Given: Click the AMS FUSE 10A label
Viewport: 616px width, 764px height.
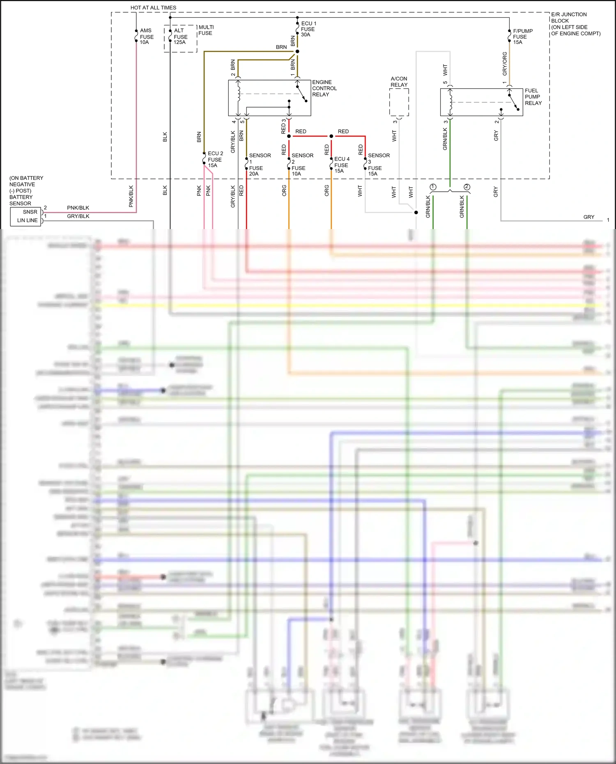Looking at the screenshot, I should click(146, 37).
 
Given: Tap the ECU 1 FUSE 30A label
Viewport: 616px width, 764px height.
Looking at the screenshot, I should click(308, 29).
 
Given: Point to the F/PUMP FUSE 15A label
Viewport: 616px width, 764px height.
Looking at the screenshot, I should click(522, 37).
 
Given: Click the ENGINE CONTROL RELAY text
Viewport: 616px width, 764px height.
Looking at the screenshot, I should click(324, 88).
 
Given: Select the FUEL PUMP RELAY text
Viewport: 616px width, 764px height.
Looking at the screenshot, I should click(533, 97).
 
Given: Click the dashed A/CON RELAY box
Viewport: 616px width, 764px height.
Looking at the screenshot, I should click(399, 102).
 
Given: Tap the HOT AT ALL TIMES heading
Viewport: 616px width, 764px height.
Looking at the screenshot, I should click(153, 8).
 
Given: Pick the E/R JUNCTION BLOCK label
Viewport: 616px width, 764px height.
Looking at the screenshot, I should click(569, 18).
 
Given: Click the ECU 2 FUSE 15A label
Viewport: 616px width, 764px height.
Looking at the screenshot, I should click(215, 159).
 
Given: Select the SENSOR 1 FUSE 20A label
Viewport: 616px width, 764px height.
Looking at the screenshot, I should click(259, 165).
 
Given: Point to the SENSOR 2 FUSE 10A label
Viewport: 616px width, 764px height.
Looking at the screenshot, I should click(302, 165).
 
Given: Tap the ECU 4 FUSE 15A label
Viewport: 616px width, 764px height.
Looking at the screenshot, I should click(341, 165).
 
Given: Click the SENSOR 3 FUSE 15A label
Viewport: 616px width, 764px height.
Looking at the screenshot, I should click(378, 165).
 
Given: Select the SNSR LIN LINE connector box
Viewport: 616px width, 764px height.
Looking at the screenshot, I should click(26, 216).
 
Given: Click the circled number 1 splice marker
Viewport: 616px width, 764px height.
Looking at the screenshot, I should click(433, 187).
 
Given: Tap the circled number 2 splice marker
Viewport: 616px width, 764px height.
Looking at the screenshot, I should click(467, 187).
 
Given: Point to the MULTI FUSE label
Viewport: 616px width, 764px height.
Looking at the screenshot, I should click(206, 30).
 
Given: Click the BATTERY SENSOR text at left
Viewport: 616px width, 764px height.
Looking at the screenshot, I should click(21, 200).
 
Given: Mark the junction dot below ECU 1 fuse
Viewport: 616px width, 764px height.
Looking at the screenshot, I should click(297, 51).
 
